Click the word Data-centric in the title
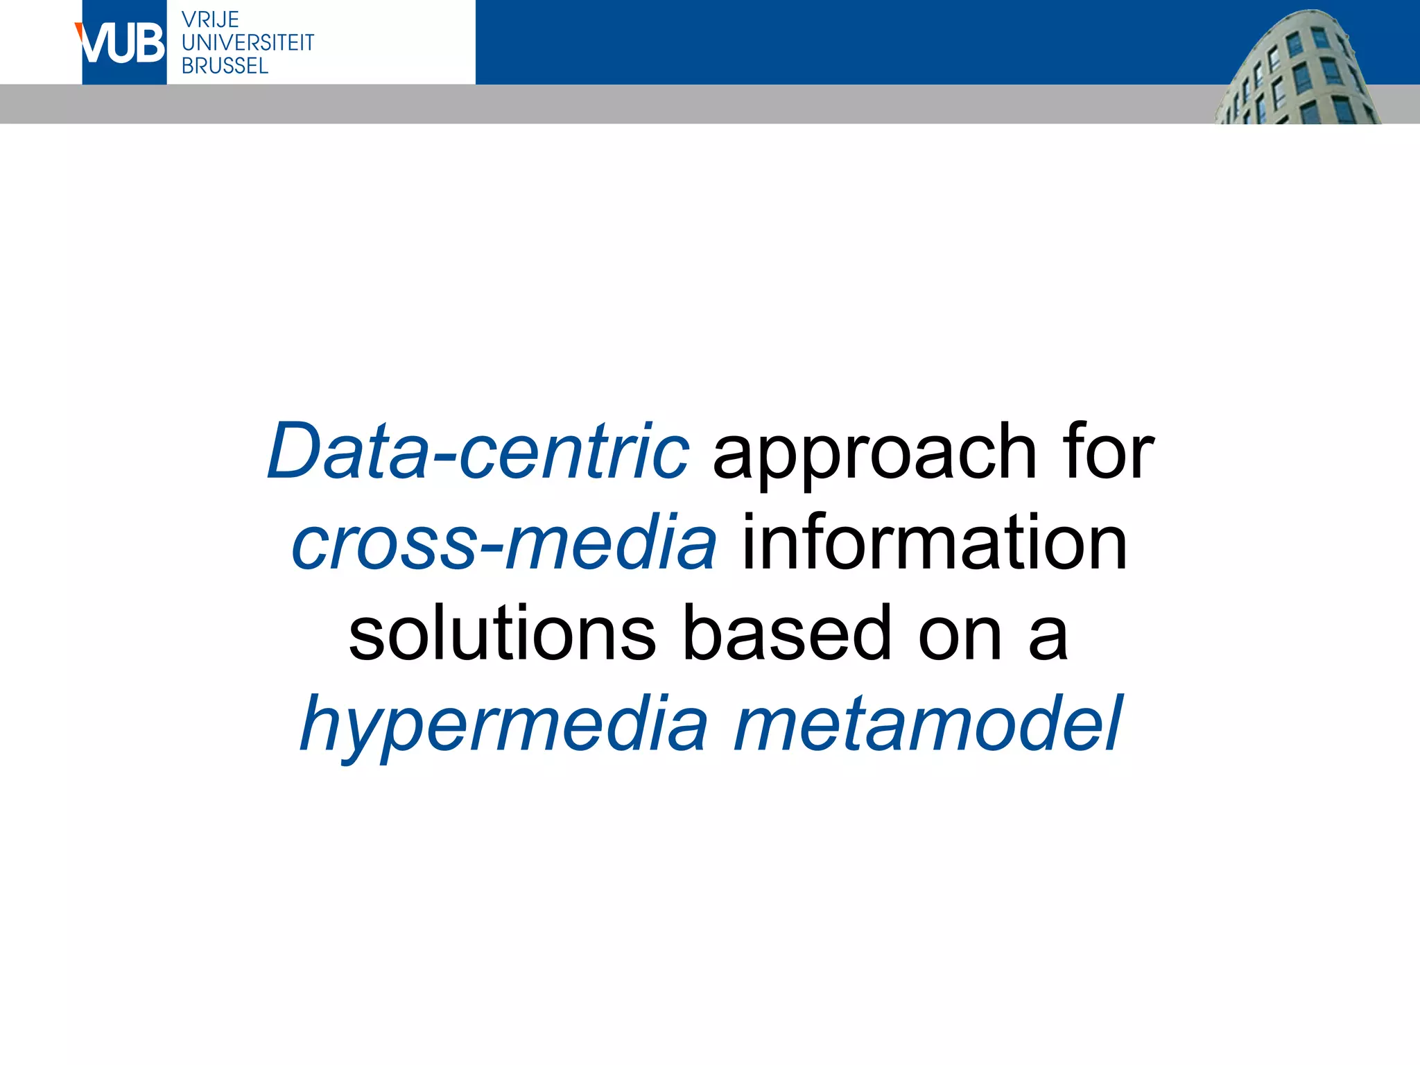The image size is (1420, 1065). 478,452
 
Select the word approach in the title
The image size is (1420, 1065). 875,454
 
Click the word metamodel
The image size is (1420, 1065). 927,725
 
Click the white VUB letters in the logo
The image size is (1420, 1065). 123,44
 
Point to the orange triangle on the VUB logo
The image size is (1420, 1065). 79,31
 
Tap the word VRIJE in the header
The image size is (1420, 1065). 210,19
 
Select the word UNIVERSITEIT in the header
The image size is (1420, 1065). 248,42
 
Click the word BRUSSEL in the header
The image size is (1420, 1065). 225,66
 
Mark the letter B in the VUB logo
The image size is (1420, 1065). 148,44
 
